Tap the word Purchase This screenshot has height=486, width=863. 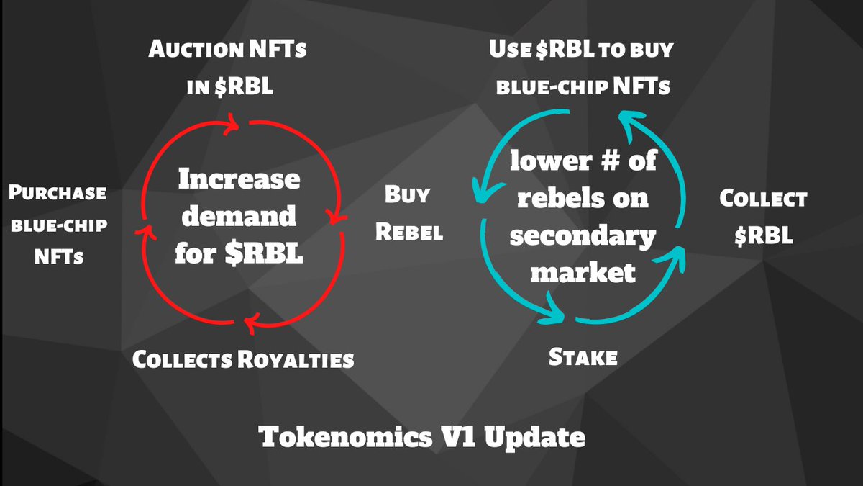(x=58, y=194)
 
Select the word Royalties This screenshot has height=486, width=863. (x=296, y=359)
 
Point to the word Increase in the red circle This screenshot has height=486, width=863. (x=239, y=179)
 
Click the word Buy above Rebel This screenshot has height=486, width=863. (x=407, y=194)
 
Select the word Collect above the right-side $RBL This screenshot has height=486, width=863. (x=763, y=199)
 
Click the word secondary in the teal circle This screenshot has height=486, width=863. (x=583, y=235)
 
